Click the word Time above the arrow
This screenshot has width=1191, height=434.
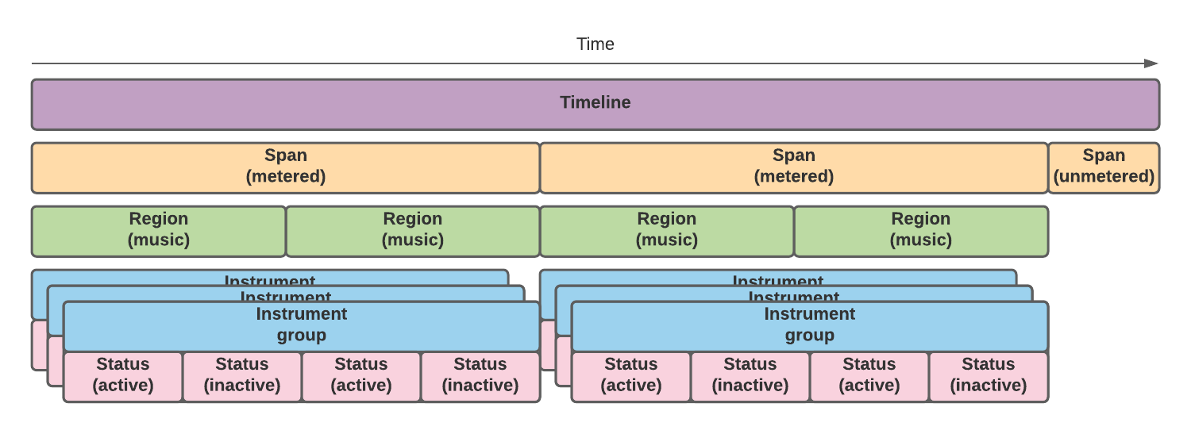[x=595, y=44]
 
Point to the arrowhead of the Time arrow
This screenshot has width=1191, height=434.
[x=1151, y=63]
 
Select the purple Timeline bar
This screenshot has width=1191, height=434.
[x=595, y=103]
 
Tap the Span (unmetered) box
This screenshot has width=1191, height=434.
[x=1104, y=167]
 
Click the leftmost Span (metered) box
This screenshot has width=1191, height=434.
[x=286, y=167]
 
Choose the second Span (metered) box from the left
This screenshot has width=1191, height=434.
[x=794, y=167]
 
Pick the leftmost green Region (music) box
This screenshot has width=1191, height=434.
[x=159, y=230]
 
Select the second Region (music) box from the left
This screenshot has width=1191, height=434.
[x=413, y=230]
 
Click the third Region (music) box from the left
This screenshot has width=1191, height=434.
[x=667, y=230]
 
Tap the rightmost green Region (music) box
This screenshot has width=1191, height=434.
[x=921, y=230]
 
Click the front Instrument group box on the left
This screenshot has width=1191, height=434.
[x=302, y=325]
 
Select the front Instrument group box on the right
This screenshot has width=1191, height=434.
[x=810, y=325]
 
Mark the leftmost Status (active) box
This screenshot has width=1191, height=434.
[x=123, y=376]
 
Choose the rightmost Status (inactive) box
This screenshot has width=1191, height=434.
[x=989, y=376]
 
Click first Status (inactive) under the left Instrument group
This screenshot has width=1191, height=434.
[x=242, y=376]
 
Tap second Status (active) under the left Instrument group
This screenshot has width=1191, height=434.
[x=361, y=376]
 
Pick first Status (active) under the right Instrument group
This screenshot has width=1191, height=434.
[x=631, y=376]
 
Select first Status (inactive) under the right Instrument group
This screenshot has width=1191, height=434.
[x=750, y=376]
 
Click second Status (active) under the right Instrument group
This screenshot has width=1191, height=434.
[x=869, y=376]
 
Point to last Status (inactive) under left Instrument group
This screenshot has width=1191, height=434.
[x=480, y=376]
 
